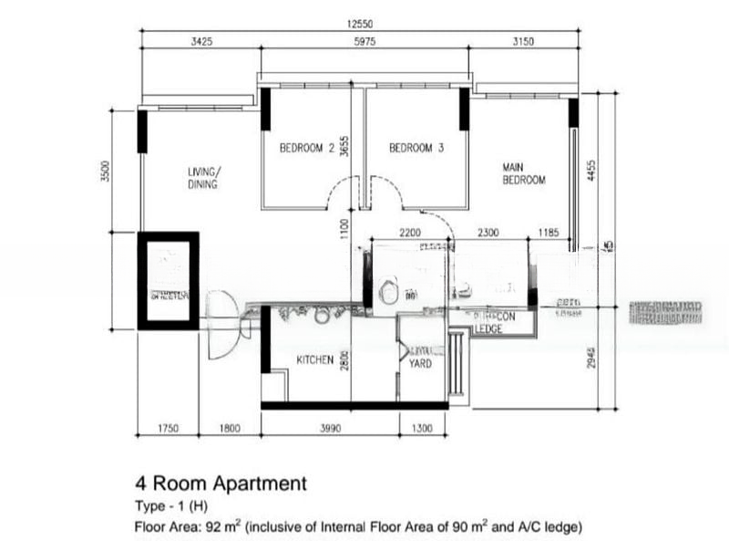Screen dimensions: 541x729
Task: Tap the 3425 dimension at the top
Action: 201,42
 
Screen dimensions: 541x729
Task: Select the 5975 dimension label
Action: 363,42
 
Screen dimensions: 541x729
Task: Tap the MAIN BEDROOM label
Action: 524,173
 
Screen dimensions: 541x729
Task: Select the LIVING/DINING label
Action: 203,178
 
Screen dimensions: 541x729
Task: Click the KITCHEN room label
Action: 314,361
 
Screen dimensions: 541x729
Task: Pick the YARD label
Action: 420,363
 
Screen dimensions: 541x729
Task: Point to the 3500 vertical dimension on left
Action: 105,171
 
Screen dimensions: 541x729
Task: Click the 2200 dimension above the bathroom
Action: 410,234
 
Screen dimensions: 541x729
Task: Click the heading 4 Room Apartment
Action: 220,483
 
